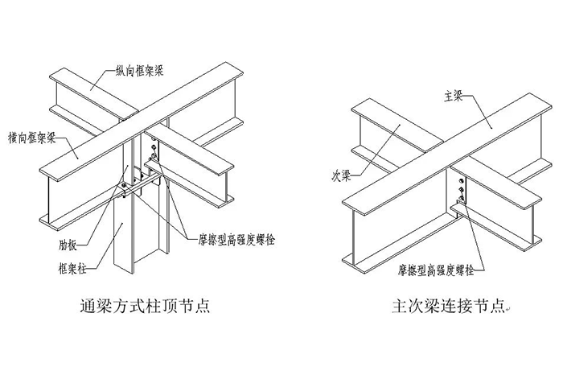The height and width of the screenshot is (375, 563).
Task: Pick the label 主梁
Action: pyautogui.click(x=451, y=95)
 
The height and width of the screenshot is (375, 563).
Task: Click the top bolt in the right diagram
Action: pyautogui.click(x=460, y=180)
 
